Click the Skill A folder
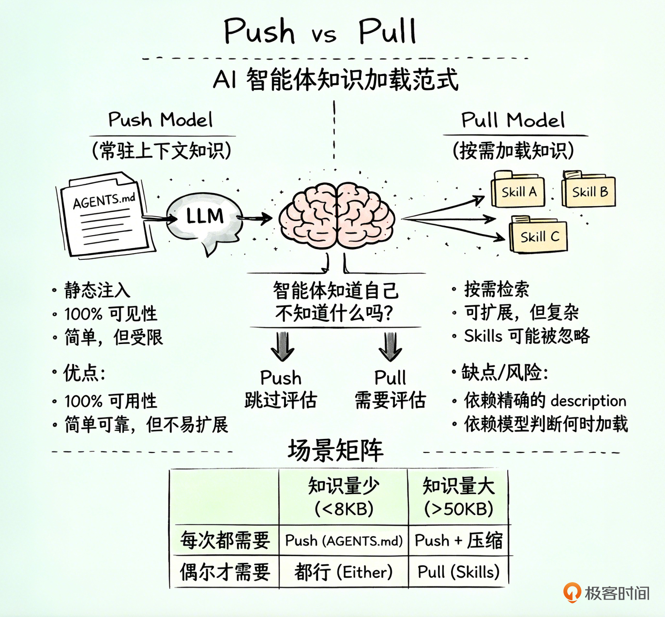[x=518, y=190]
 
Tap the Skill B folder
[x=589, y=190]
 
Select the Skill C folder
[x=538, y=236]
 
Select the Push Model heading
[x=160, y=120]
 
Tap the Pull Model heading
[x=513, y=120]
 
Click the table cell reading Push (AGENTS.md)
[x=344, y=541]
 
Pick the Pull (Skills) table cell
[x=458, y=572]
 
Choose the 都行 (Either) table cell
[x=344, y=572]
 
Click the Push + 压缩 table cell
[x=458, y=541]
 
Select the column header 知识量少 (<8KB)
[x=344, y=497]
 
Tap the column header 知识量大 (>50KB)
[x=458, y=497]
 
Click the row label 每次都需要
[x=225, y=541]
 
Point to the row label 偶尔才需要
[x=225, y=572]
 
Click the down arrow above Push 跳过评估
[x=282, y=346]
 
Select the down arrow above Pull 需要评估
[x=390, y=346]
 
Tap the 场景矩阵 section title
[x=335, y=450]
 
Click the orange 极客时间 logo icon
[x=572, y=592]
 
